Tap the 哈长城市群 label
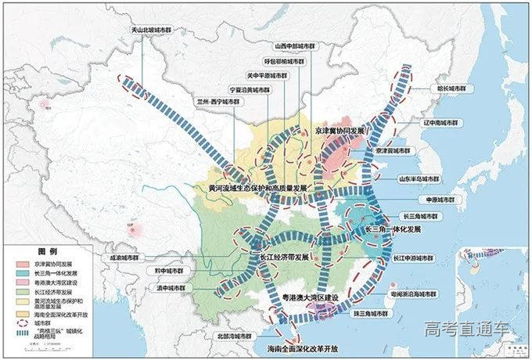coord(455,89)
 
